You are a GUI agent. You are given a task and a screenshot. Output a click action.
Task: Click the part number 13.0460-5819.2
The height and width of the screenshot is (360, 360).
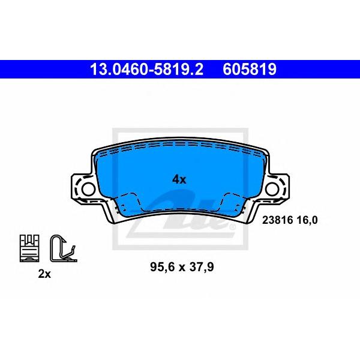pos(147,70)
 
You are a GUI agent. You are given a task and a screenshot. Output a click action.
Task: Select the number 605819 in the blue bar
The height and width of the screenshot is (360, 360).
pos(250,70)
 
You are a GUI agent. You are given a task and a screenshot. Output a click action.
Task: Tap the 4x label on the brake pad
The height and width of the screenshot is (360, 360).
pos(179,179)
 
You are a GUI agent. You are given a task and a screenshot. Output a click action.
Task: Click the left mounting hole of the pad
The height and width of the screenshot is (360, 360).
pos(88,189)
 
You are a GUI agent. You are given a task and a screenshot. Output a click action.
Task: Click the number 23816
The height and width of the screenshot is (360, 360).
pos(278,220)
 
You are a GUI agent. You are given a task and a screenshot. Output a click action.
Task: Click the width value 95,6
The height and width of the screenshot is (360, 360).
pos(162,267)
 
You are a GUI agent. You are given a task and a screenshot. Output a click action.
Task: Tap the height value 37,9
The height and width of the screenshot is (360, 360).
pos(200,267)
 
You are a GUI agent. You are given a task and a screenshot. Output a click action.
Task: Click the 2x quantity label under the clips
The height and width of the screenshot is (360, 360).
pos(44,274)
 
